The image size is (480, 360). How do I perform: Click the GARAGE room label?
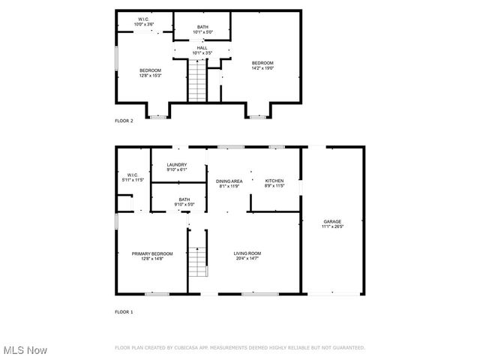point(332,221)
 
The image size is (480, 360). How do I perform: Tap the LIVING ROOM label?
point(247,253)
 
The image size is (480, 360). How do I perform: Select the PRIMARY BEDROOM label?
point(152,253)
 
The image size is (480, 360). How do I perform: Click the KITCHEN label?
point(274,181)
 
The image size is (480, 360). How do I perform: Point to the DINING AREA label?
point(229,181)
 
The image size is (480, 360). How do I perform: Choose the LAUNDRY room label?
point(177,165)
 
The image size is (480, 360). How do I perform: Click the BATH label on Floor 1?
point(184,199)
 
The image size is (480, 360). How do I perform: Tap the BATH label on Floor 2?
point(203,27)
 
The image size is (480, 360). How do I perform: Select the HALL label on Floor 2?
point(202,48)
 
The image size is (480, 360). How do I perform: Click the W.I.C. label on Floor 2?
point(144,19)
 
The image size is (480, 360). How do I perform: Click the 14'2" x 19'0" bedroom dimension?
point(262,67)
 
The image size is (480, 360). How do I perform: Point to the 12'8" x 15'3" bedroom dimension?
point(150,75)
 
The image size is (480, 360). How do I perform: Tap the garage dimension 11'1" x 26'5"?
point(332,226)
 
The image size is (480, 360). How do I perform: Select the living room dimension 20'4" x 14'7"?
point(247,259)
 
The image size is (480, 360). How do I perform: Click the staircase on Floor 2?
point(197,81)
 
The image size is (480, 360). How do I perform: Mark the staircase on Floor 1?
point(196,262)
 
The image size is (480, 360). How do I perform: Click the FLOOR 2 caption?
point(124,121)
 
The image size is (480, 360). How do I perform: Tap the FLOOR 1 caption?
point(124,311)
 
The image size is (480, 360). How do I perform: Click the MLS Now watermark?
point(24,350)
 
